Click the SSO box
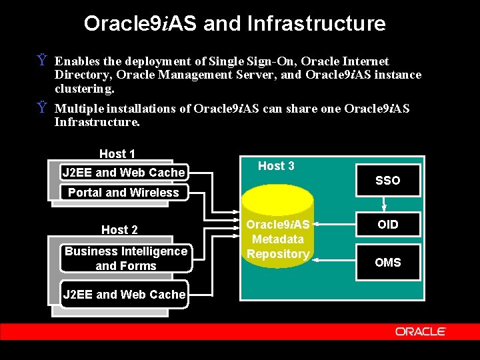[x=387, y=181]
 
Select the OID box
[x=387, y=225]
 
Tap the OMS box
[x=387, y=262]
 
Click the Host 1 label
[x=117, y=154]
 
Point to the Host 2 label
[x=119, y=230]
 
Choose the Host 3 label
[x=276, y=166]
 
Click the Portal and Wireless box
[x=123, y=193]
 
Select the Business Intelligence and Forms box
[x=126, y=259]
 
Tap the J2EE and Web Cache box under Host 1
[x=123, y=173]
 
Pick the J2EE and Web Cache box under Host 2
[x=123, y=294]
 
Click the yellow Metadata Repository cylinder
[x=278, y=230]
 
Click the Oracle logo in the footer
[x=420, y=331]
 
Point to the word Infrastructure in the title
[x=316, y=24]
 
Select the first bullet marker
[x=41, y=61]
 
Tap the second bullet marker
[x=41, y=108]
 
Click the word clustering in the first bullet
[x=85, y=88]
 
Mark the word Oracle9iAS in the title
[x=141, y=24]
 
